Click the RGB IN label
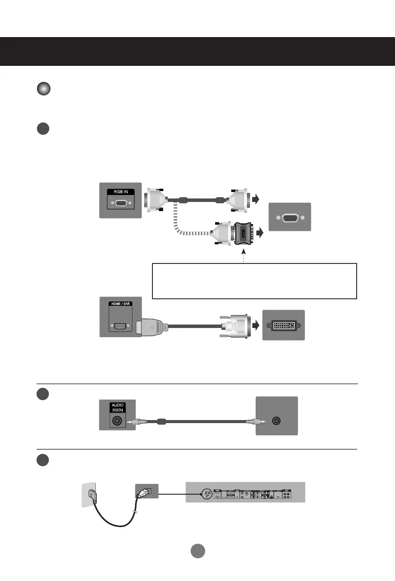coord(121,192)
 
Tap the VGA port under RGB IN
coord(121,202)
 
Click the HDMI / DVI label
coord(120,304)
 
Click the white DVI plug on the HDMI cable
coord(236,326)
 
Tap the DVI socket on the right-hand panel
coord(284,325)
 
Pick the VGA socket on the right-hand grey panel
coord(290,217)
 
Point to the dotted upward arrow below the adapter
coord(243,255)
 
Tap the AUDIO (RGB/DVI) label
coord(118,407)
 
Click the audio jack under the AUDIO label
coord(117,421)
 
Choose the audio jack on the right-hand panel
coord(276,421)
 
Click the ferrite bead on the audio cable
coord(161,422)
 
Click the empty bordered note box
coord(254,281)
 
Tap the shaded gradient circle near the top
coord(44,89)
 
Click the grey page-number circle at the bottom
coord(198,550)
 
